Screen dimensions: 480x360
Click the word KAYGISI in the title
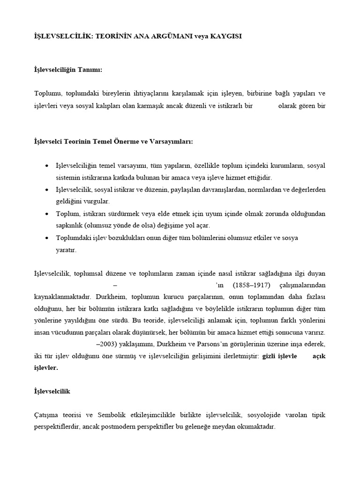click(225, 36)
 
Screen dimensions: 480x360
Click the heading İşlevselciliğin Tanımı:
click(68, 69)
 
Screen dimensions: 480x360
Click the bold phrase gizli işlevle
click(279, 356)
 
